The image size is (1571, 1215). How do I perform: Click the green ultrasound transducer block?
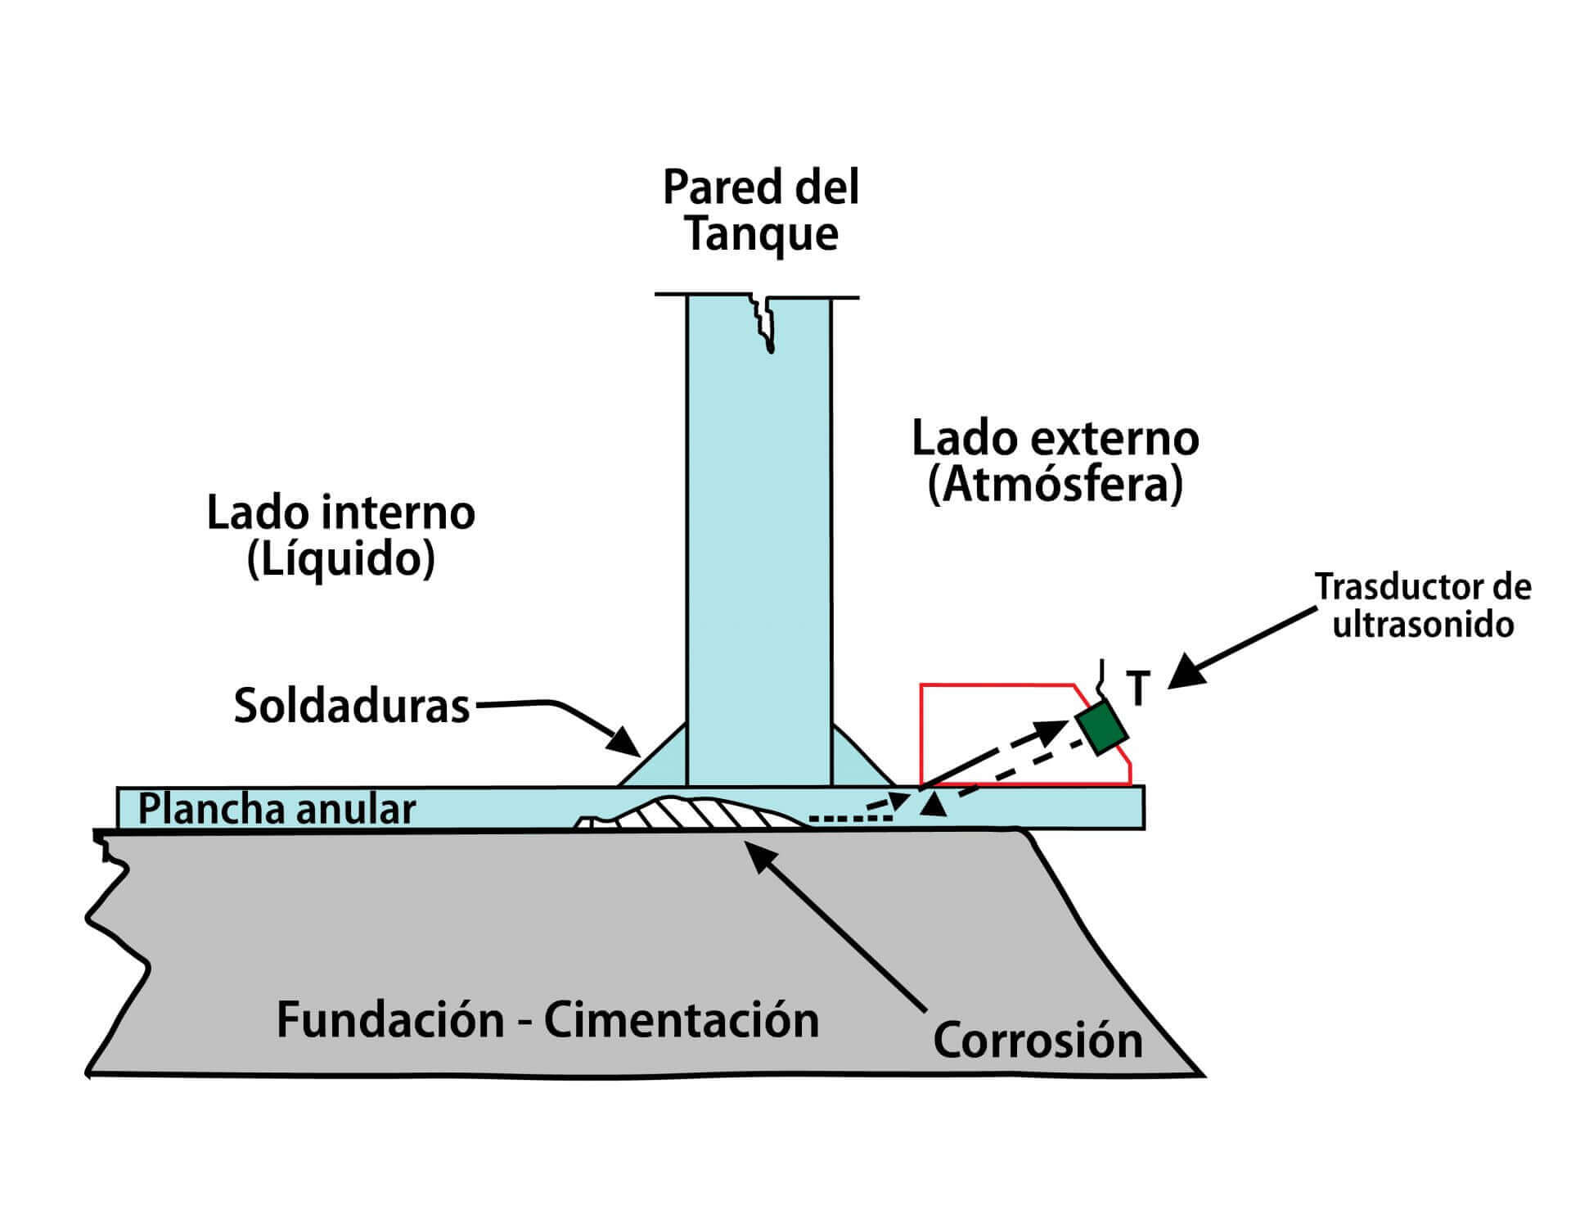click(x=1102, y=727)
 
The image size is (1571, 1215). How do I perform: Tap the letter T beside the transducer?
click(x=1138, y=688)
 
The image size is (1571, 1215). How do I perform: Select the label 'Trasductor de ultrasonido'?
click(x=1423, y=606)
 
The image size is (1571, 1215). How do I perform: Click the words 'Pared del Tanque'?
click(x=761, y=210)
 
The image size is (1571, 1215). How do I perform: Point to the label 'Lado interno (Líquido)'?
click(x=340, y=536)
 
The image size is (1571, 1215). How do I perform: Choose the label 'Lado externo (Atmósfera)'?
click(x=1056, y=462)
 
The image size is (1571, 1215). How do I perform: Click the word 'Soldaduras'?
click(x=352, y=706)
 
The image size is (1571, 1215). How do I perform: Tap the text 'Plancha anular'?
click(x=277, y=809)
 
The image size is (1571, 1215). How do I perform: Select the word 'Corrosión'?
click(x=1038, y=1041)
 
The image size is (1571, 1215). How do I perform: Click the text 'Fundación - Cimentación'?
click(x=547, y=1020)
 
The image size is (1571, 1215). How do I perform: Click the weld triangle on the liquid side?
click(x=652, y=755)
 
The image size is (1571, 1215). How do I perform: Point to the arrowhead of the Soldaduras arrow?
click(x=627, y=742)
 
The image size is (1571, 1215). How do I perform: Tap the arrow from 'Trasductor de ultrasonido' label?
click(x=1241, y=648)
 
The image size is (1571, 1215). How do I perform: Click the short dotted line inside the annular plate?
click(x=840, y=817)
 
